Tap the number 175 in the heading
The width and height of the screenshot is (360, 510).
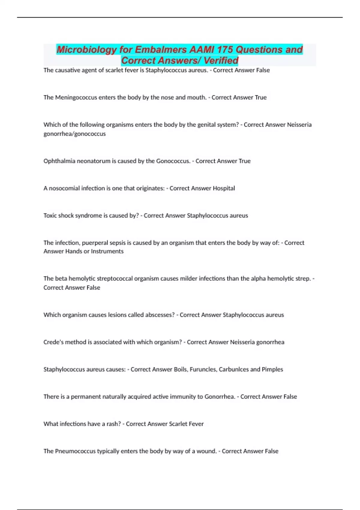point(225,49)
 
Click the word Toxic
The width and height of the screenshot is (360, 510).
point(50,216)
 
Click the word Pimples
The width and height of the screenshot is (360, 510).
point(272,369)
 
